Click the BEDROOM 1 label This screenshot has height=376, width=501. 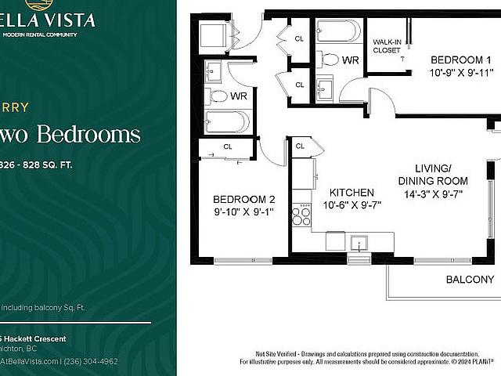(x=461, y=60)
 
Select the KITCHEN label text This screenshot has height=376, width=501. (x=351, y=193)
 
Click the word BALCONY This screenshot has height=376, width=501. (x=470, y=280)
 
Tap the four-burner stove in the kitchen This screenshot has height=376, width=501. (x=301, y=215)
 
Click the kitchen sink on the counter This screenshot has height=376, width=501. (x=360, y=241)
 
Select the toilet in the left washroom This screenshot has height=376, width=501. (x=216, y=96)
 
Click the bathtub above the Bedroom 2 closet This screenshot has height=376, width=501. (x=227, y=121)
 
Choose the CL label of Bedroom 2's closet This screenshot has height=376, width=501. (x=228, y=146)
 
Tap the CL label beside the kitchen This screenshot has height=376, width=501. (x=300, y=146)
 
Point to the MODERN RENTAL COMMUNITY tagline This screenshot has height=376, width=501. (x=40, y=34)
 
